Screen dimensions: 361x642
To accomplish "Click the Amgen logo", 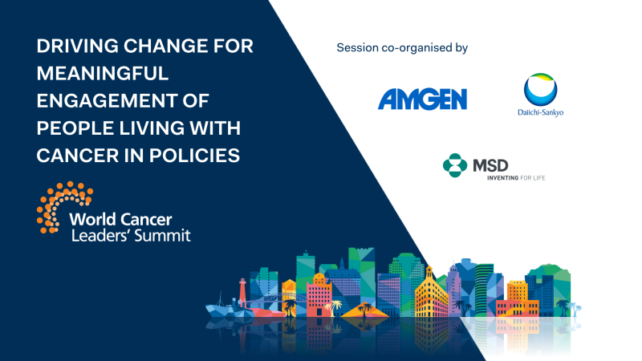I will click(422, 99).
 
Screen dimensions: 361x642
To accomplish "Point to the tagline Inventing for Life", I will click(516, 177).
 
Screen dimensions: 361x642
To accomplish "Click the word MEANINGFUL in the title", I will click(103, 73).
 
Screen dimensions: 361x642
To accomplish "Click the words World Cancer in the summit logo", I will click(120, 219).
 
